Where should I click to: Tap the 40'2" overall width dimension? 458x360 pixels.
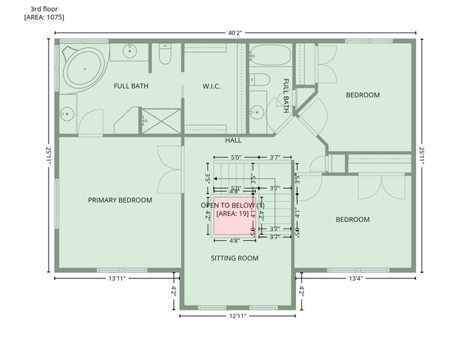pos(235,32)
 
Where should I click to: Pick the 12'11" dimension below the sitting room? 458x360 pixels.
pos(238,316)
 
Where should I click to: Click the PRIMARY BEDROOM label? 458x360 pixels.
pos(120,200)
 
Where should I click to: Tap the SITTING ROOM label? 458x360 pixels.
pos(234,259)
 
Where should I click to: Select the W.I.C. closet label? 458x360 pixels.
pos(211,86)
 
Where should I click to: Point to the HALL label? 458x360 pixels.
pos(232,140)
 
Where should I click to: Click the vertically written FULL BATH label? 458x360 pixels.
pos(286,95)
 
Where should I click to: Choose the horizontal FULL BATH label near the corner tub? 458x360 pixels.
pos(131,86)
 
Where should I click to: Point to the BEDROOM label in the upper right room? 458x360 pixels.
pos(363,95)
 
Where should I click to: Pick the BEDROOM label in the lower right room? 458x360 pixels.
pos(352,220)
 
